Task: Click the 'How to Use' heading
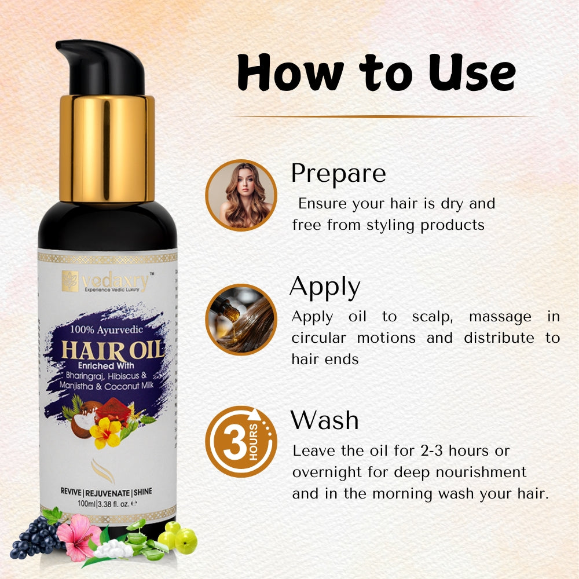coord(376,74)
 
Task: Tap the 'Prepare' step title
coord(338,173)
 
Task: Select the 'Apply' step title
coord(325,286)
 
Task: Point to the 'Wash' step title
coord(324,420)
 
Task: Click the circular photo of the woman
coord(241,195)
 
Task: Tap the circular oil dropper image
coord(241,319)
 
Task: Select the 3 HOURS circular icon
coord(241,442)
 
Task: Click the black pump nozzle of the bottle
coord(101,67)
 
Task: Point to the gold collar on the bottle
coord(107,149)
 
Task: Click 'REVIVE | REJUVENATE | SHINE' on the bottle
coord(107,492)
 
